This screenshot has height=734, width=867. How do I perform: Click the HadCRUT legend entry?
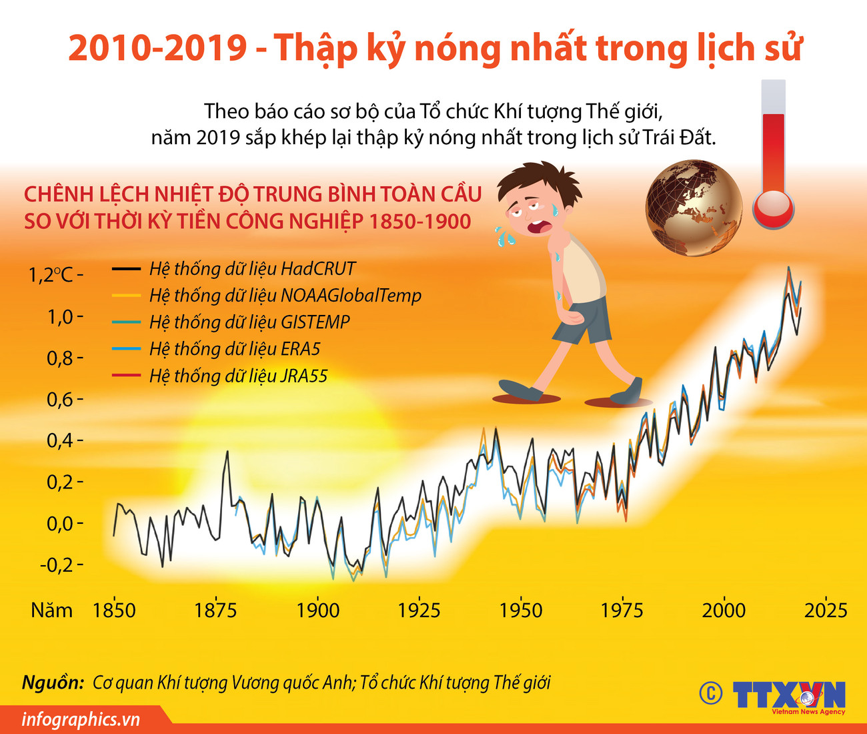click(x=252, y=269)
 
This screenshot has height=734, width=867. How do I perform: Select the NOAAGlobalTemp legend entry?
click(x=285, y=296)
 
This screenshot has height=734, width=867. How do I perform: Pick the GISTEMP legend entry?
click(x=249, y=322)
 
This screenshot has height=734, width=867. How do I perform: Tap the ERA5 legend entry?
click(x=235, y=349)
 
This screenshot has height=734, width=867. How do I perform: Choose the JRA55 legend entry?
click(x=238, y=376)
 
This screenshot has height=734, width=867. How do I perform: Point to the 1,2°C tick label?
click(x=51, y=274)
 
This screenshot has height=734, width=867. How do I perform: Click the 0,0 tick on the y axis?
click(x=60, y=523)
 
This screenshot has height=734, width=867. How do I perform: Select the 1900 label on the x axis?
click(x=317, y=610)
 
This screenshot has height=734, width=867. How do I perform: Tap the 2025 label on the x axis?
click(x=826, y=610)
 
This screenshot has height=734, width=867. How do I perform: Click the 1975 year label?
click(x=622, y=610)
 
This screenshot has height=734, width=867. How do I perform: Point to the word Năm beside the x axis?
click(x=51, y=610)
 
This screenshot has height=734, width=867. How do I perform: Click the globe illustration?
click(x=694, y=208)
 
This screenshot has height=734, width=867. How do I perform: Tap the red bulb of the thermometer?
click(x=774, y=209)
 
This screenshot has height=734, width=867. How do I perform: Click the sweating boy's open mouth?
click(x=536, y=228)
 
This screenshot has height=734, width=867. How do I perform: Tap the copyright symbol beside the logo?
click(x=711, y=693)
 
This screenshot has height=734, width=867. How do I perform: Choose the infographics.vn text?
click(x=81, y=719)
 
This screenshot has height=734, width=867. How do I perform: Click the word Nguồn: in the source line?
click(x=53, y=683)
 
